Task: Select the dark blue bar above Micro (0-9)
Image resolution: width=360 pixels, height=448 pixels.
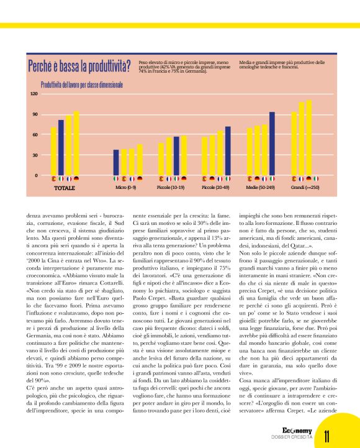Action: tap(116, 162)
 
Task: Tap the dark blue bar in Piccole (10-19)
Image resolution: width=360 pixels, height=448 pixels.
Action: tap(176, 155)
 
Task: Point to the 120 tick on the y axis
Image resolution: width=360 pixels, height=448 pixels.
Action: tap(34, 94)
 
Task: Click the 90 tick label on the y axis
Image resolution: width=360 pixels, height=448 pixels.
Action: tap(34, 114)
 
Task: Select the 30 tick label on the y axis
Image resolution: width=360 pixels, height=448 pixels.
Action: tap(34, 155)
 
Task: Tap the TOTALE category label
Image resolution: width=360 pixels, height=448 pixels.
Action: tap(64, 187)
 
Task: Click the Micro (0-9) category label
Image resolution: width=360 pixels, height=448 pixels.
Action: tap(126, 187)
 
